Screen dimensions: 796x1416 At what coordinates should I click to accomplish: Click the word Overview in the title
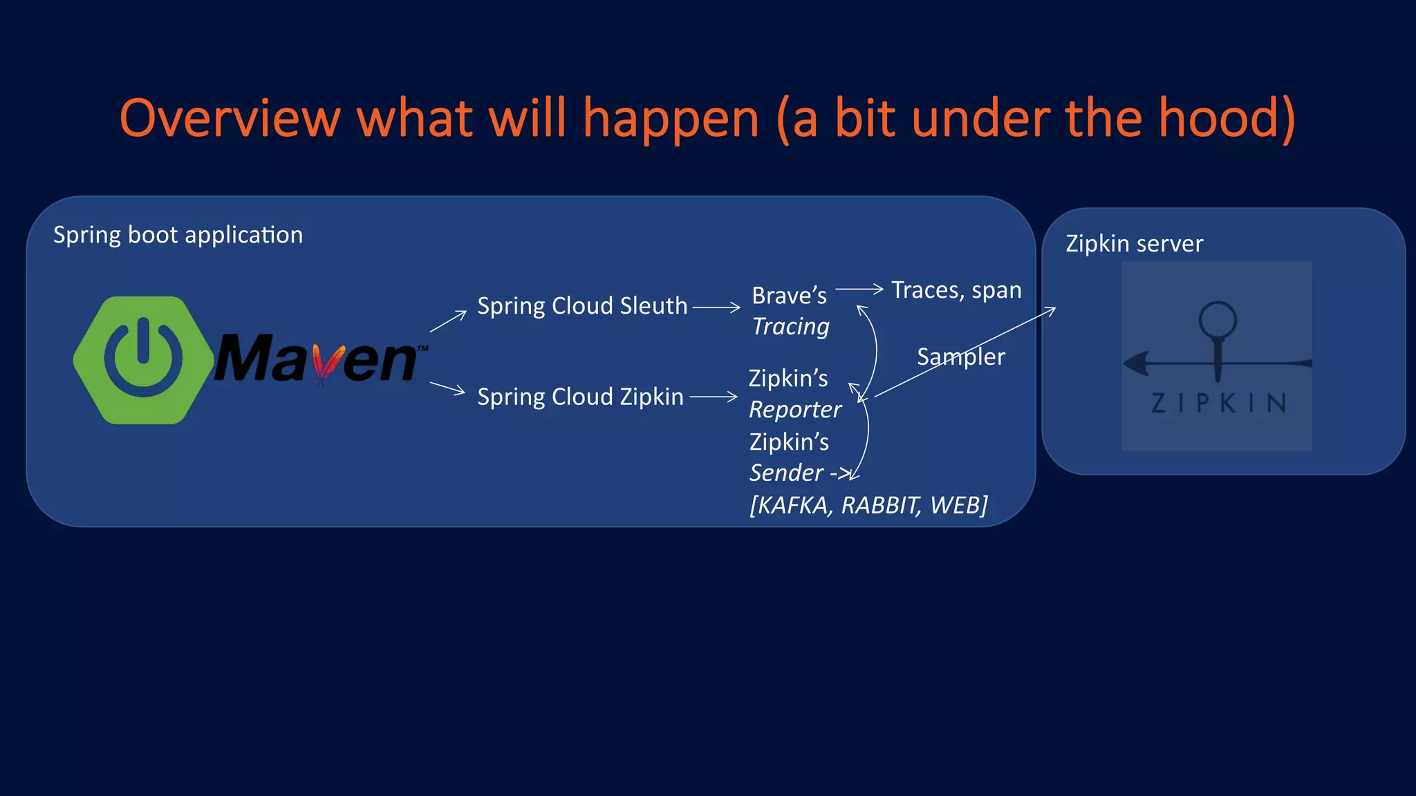click(230, 119)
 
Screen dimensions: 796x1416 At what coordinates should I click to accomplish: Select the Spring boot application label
click(178, 235)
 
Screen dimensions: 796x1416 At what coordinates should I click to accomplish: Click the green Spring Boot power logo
click(144, 360)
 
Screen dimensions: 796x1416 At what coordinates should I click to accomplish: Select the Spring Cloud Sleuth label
click(582, 306)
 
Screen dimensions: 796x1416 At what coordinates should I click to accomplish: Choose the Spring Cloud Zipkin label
click(580, 397)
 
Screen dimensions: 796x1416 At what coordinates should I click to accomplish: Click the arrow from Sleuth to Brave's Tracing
click(716, 307)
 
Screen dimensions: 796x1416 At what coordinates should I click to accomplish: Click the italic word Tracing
click(790, 326)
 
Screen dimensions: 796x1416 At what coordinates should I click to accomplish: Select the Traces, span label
click(956, 290)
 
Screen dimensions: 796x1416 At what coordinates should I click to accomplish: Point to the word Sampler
click(960, 357)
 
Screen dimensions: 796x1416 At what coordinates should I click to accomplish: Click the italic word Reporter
click(795, 410)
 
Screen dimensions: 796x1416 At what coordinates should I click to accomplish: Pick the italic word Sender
click(787, 473)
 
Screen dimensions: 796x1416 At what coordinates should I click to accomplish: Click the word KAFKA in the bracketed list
click(792, 506)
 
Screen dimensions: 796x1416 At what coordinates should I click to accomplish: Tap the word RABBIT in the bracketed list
click(879, 506)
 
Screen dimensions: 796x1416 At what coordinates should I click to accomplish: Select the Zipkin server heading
click(1134, 244)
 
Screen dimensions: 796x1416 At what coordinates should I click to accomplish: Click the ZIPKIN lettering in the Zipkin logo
click(1218, 403)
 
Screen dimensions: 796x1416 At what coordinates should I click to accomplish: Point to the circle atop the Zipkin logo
click(1218, 319)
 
